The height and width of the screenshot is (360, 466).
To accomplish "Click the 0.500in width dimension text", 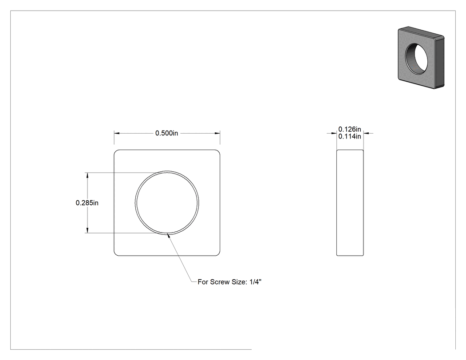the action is pyautogui.click(x=166, y=133).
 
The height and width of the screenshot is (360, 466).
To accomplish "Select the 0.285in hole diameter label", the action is pyautogui.click(x=87, y=203).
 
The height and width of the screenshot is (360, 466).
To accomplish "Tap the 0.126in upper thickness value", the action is pyautogui.click(x=350, y=129).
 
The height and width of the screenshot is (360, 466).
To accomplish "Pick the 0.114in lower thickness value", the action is pyautogui.click(x=350, y=136).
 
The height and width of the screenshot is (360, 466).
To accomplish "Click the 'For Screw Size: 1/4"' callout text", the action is pyautogui.click(x=229, y=282).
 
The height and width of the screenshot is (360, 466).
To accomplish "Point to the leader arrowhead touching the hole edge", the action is pyautogui.click(x=169, y=236).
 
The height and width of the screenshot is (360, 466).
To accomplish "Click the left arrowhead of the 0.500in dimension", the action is pyautogui.click(x=117, y=133).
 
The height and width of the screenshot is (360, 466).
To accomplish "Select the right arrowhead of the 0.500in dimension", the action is pyautogui.click(x=217, y=133).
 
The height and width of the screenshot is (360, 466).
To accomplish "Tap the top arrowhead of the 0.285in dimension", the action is pyautogui.click(x=87, y=175).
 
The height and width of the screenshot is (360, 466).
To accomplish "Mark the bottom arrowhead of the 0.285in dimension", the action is pyautogui.click(x=87, y=230).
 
